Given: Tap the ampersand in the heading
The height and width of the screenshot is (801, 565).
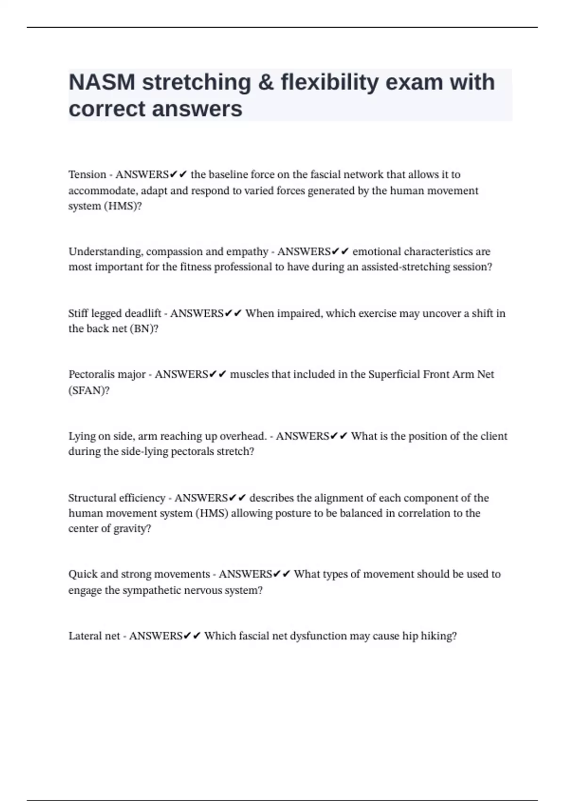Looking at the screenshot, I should pyautogui.click(x=266, y=82).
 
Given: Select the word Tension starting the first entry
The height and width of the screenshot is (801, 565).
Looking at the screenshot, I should pyautogui.click(x=87, y=175).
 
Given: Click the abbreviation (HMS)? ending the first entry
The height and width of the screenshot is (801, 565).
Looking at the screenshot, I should pyautogui.click(x=125, y=206).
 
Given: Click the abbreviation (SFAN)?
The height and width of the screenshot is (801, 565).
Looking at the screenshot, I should pyautogui.click(x=89, y=391).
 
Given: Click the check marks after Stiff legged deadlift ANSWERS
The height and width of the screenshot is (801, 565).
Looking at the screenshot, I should pyautogui.click(x=233, y=313).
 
